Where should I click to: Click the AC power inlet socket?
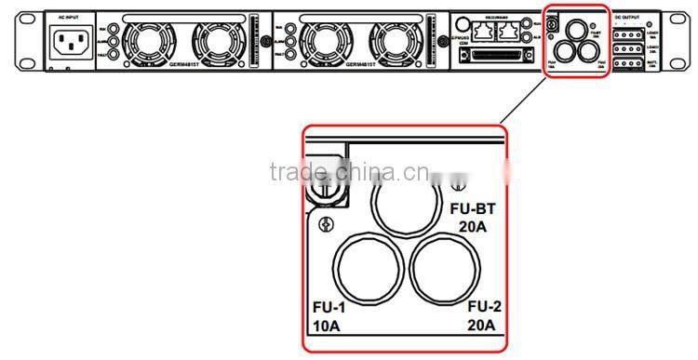[70, 42]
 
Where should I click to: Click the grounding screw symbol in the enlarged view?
[327, 224]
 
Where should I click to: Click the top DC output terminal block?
[629, 32]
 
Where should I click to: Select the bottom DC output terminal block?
[629, 63]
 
